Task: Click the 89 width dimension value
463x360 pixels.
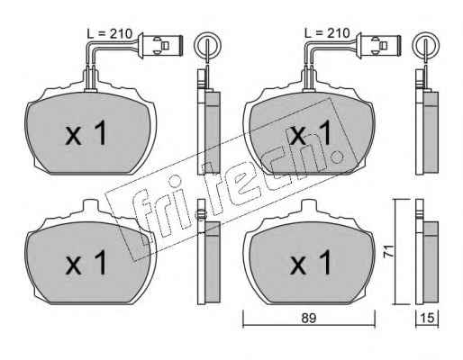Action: [x=309, y=319]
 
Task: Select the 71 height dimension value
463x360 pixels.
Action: [x=389, y=251]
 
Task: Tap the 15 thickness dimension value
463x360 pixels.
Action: [x=427, y=319]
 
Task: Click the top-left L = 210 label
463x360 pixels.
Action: [x=110, y=33]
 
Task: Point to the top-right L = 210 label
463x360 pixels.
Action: [x=327, y=33]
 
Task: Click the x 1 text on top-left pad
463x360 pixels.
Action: [x=86, y=132]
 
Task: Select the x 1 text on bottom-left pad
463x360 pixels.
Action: [x=86, y=263]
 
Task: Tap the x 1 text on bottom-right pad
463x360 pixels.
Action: [x=311, y=263]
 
